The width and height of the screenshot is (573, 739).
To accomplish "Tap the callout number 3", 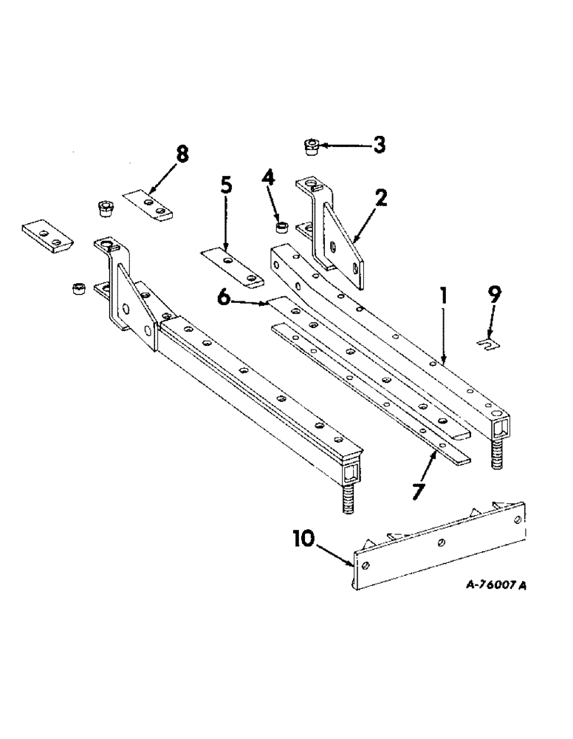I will tap(378, 145).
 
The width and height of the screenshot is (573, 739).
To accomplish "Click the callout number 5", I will tap(227, 185).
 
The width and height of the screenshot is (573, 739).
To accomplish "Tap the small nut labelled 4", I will tap(282, 224).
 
